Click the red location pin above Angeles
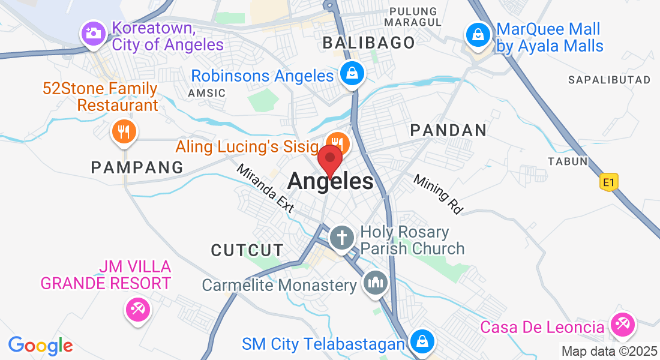click(329, 160)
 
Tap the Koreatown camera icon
click(94, 33)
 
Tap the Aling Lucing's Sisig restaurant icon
click(337, 143)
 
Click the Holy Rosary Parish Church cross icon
click(342, 237)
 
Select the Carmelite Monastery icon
click(376, 283)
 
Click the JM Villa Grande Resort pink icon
click(137, 310)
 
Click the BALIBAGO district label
click(369, 43)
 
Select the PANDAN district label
click(448, 130)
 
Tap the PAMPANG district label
click(137, 167)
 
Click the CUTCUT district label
click(247, 250)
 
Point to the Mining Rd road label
click(439, 194)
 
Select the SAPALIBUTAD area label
click(609, 80)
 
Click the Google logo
click(40, 345)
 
